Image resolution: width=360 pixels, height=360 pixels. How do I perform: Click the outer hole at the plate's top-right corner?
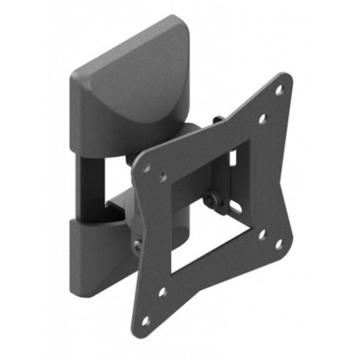pyautogui.click(x=279, y=91)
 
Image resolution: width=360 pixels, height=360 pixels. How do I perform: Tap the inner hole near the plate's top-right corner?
pyautogui.click(x=262, y=119)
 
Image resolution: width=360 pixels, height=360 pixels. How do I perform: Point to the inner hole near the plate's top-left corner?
pyautogui.click(x=164, y=178)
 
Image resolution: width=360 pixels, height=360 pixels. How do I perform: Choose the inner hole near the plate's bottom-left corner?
pyautogui.click(x=162, y=292)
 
